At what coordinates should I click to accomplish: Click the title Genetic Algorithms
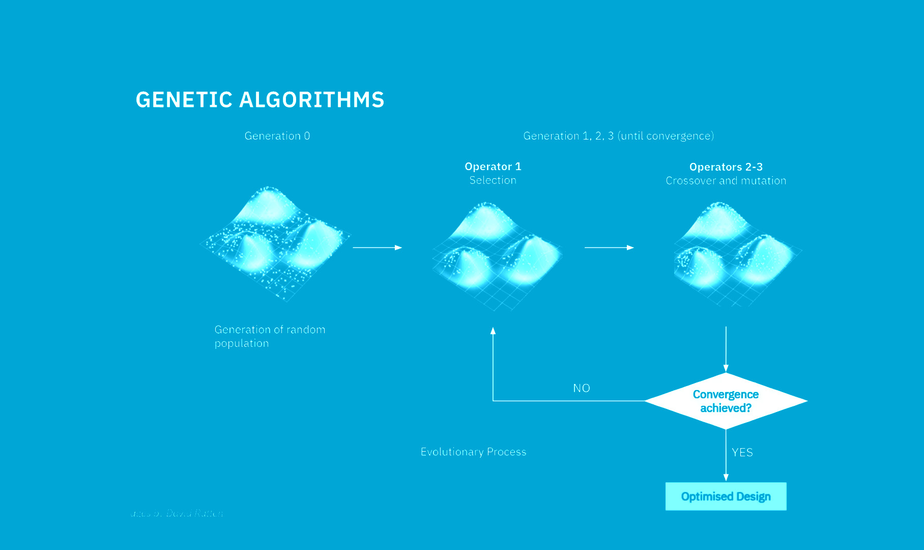[260, 100]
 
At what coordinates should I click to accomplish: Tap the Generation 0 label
[277, 136]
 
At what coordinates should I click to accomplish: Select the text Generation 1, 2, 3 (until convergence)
[618, 136]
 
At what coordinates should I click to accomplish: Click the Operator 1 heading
[493, 167]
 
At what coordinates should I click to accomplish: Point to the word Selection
[493, 180]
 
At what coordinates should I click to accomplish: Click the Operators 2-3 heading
[726, 167]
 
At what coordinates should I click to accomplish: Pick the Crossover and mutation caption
[726, 181]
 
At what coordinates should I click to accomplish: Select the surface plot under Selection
[496, 255]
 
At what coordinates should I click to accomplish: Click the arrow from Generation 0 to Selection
[377, 248]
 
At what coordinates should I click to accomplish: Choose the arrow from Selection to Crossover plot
[609, 248]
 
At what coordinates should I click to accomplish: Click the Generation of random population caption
[270, 336]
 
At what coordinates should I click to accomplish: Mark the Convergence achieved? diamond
[726, 401]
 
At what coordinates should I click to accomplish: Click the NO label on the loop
[581, 388]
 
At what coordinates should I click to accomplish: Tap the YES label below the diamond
[742, 452]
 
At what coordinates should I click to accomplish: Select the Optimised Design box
[726, 497]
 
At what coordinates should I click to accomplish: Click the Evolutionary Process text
[473, 452]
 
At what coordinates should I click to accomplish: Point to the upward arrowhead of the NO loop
[493, 331]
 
